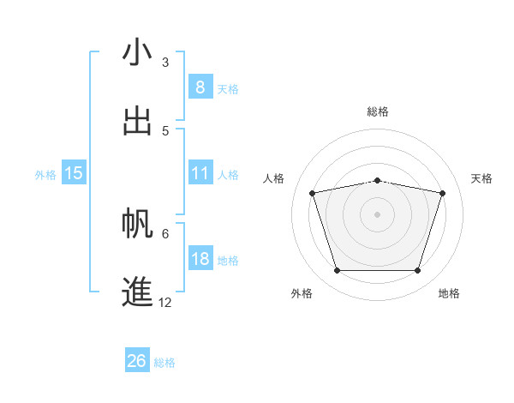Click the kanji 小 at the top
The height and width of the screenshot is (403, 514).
[x=137, y=53]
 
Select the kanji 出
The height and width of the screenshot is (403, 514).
[x=137, y=121]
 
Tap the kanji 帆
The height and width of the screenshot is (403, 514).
[x=137, y=223]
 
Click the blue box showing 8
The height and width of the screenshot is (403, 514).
[x=200, y=87]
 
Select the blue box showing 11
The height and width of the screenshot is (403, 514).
[x=200, y=173]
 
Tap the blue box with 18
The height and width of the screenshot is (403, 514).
[x=200, y=259]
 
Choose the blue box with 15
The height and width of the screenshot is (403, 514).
[x=74, y=173]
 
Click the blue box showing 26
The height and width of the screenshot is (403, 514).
[x=137, y=361]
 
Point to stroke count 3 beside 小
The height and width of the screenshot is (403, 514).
[x=164, y=62]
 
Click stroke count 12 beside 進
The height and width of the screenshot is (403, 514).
[x=164, y=302]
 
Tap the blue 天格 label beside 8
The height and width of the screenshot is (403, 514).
[x=227, y=88]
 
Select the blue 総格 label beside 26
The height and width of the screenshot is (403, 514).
[x=164, y=363]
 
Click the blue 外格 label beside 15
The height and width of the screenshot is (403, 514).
[x=45, y=175]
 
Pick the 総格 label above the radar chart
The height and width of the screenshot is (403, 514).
[x=377, y=111]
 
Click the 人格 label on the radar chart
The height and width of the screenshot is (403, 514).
[x=275, y=178]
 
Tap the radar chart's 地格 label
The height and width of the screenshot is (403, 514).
[x=449, y=293]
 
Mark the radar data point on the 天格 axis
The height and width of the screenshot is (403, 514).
[x=442, y=193]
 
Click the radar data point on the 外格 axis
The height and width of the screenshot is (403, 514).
[x=337, y=271]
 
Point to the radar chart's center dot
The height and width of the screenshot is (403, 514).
[x=377, y=214]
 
